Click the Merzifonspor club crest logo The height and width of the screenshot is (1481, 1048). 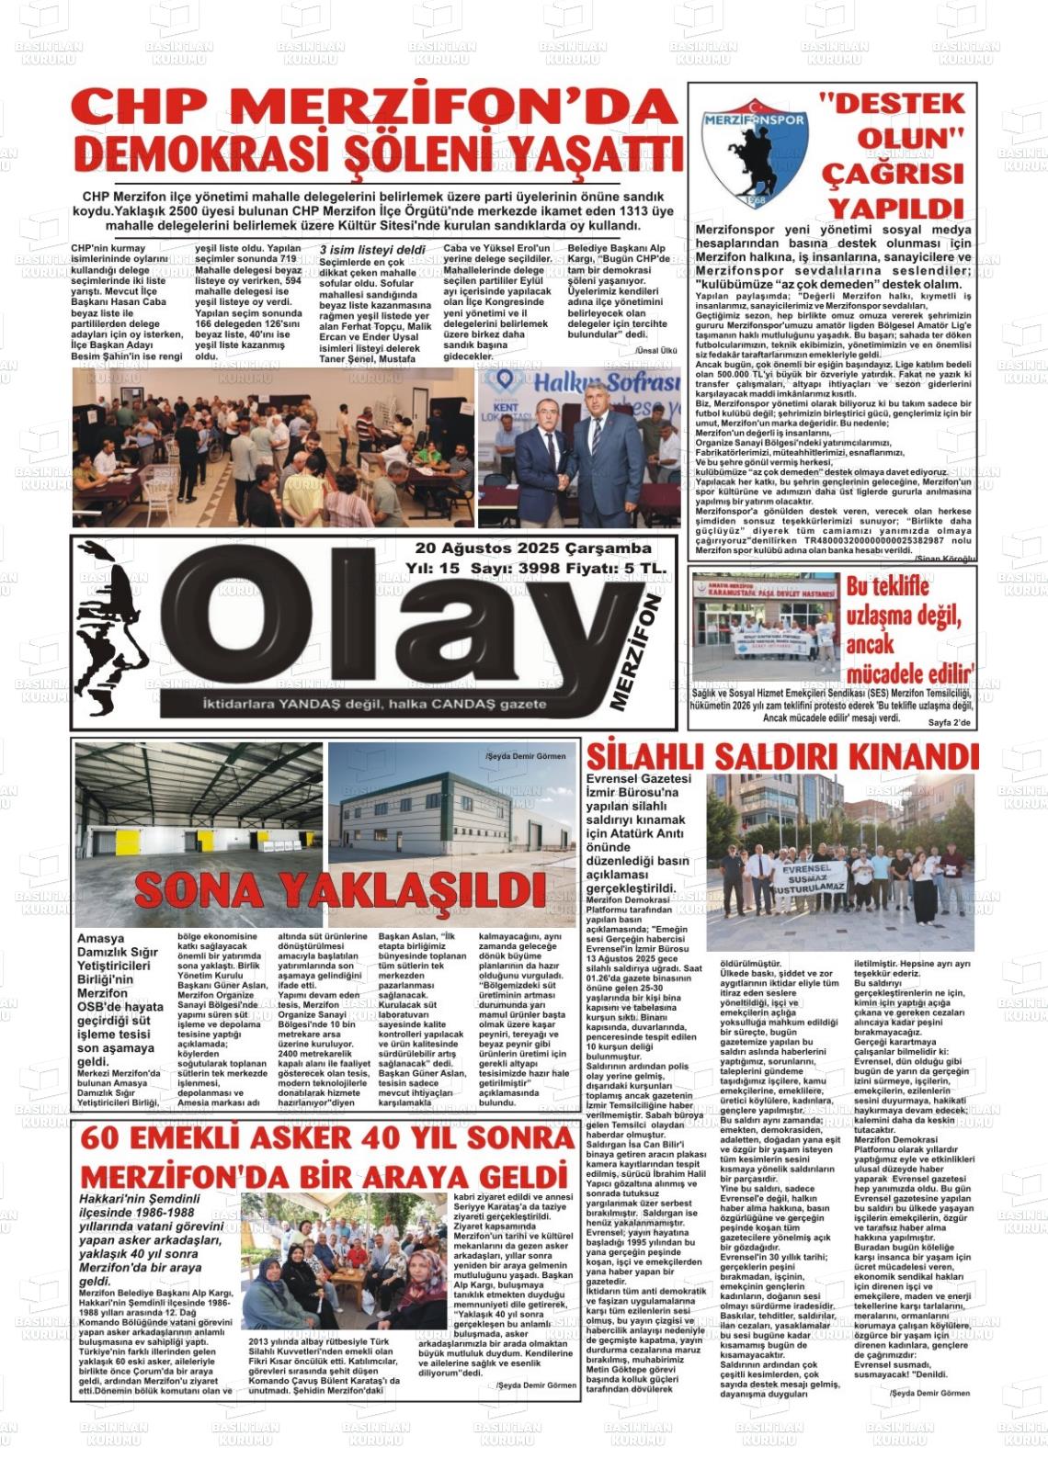click(x=754, y=151)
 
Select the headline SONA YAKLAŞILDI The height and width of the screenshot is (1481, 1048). click(x=327, y=888)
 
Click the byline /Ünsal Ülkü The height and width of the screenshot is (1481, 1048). click(x=655, y=351)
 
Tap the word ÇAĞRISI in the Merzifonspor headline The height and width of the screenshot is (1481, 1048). click(x=878, y=174)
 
